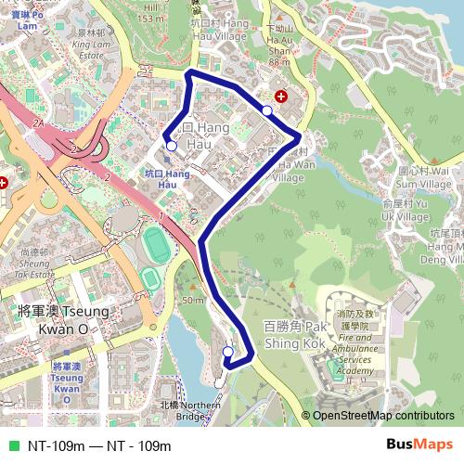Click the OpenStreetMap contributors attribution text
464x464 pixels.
pyautogui.click(x=382, y=416)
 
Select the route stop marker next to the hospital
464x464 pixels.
pyautogui.click(x=267, y=111)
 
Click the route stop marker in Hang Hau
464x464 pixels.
pyautogui.click(x=171, y=146)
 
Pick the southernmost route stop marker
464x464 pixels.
pyautogui.click(x=228, y=351)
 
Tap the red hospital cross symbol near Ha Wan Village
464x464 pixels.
pyautogui.click(x=281, y=96)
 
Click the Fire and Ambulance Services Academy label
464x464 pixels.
pyautogui.click(x=357, y=354)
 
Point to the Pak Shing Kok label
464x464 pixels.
pyautogui.click(x=295, y=335)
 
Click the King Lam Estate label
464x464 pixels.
pyautogui.click(x=90, y=49)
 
